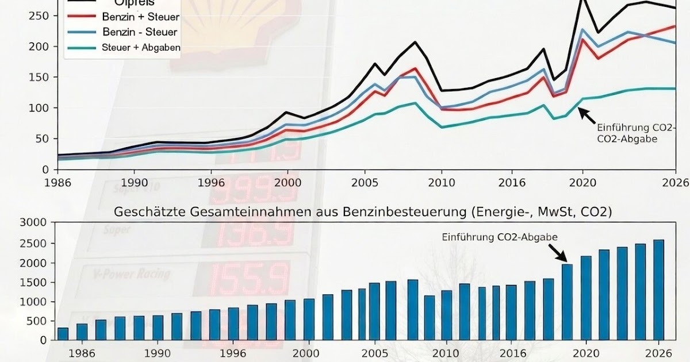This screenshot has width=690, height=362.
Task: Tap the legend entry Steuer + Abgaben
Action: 140,48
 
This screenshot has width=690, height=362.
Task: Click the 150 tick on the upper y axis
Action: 43,77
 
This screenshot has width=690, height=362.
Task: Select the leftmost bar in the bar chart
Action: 63,333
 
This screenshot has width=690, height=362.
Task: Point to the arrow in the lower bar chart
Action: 557,252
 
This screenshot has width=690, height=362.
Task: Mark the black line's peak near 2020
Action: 582,2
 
